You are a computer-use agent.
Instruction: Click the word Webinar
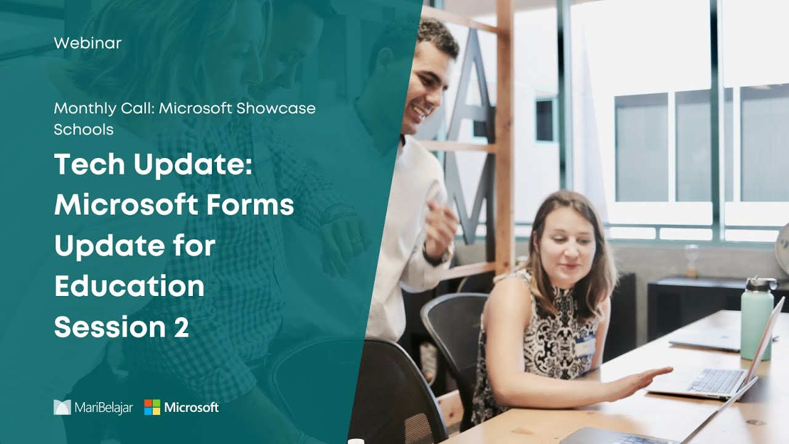pyautogui.click(x=88, y=43)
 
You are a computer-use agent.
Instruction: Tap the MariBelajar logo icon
pyautogui.click(x=62, y=407)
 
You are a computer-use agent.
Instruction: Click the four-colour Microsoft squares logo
pyautogui.click(x=152, y=407)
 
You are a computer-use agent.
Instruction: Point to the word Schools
pyautogui.click(x=83, y=129)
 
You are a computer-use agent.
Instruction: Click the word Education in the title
pyautogui.click(x=129, y=286)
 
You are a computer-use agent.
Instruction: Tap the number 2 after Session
pyautogui.click(x=181, y=327)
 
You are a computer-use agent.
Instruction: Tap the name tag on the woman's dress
pyautogui.click(x=585, y=346)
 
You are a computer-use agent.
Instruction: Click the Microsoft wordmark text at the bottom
pyautogui.click(x=192, y=407)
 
